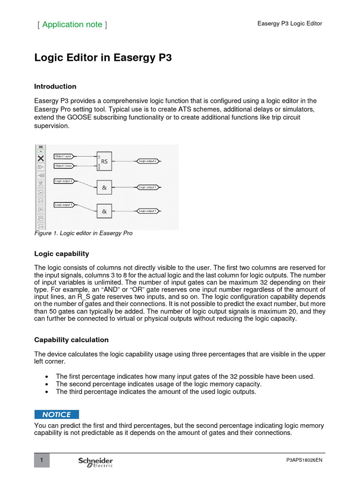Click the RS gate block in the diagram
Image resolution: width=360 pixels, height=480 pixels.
tap(104, 161)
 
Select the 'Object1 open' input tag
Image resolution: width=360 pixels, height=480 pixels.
tap(63, 156)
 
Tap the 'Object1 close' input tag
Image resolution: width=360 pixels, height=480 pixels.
tap(63, 165)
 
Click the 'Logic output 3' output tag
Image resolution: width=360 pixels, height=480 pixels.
tap(148, 187)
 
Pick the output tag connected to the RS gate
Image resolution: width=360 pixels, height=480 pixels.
tap(148, 161)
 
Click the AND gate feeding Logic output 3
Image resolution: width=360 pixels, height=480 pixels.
tap(104, 187)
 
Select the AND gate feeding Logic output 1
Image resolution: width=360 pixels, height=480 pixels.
tap(104, 211)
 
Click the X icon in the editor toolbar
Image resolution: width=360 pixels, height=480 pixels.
tap(41, 158)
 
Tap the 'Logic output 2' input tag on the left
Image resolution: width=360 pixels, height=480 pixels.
tap(64, 180)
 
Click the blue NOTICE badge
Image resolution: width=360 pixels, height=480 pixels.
tap(57, 414)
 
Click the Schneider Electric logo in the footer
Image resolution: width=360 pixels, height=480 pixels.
tap(96, 462)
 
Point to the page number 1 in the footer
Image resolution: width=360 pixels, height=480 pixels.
tap(42, 461)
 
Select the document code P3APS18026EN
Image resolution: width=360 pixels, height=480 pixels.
tap(304, 460)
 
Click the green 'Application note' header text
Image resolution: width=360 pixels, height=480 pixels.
tap(72, 24)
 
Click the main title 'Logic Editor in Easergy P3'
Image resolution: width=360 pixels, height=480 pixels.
tap(103, 58)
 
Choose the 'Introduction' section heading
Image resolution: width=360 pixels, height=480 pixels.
tap(55, 86)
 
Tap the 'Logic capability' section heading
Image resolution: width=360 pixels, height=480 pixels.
tap(61, 254)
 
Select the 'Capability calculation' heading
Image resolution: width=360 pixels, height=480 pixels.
tap(71, 340)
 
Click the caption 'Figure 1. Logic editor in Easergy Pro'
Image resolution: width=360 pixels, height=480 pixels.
tap(83, 233)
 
